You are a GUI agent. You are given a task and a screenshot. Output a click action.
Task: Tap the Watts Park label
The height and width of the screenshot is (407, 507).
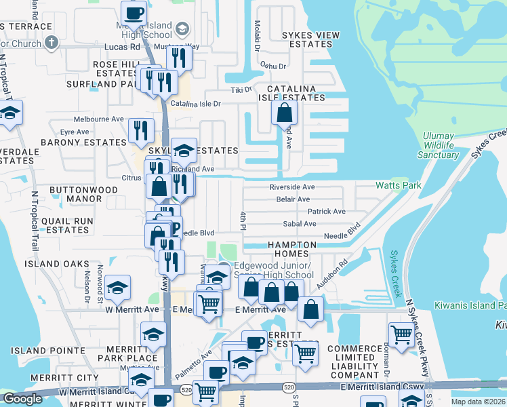(399, 185)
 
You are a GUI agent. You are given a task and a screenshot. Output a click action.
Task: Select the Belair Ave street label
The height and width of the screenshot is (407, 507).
(293, 199)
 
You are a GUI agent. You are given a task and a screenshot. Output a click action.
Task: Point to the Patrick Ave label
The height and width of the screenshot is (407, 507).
(327, 212)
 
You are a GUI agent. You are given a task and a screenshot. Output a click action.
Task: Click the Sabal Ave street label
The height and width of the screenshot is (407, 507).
(300, 224)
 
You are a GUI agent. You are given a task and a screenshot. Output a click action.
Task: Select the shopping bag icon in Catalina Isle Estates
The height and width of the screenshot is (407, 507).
(285, 111)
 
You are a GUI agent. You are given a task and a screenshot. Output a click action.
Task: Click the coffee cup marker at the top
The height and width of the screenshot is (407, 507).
(134, 12)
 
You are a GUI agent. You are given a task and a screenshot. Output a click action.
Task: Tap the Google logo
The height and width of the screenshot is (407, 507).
(22, 399)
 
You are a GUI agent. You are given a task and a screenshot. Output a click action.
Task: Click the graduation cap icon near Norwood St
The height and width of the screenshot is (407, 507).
(117, 288)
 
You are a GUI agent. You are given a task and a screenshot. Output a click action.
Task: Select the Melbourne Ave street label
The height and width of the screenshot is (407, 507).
(99, 119)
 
